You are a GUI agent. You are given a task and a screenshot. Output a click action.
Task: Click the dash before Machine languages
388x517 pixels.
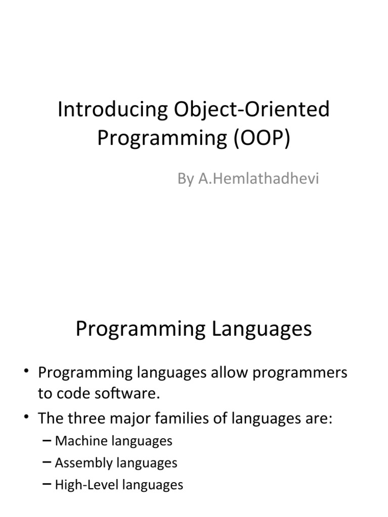pos(47,441)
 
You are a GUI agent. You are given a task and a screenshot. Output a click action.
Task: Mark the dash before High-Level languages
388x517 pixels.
pos(47,485)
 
